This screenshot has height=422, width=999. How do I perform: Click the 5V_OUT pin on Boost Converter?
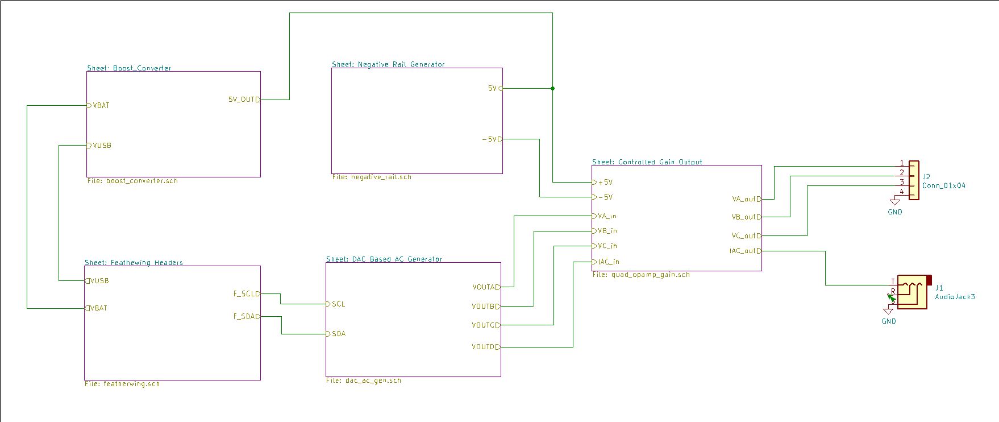[x=244, y=100]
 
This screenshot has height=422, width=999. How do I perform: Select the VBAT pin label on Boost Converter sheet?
[x=101, y=106]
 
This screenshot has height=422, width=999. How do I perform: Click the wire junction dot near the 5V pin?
[x=552, y=88]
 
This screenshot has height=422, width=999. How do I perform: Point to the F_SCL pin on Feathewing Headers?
[x=246, y=294]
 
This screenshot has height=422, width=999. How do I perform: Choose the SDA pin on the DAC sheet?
[x=338, y=334]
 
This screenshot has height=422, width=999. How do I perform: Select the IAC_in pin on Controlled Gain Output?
[x=608, y=262]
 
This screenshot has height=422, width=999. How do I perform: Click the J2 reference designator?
[x=927, y=177]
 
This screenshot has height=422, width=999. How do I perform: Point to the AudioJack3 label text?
[x=955, y=297]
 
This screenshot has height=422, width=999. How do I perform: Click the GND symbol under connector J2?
[x=895, y=202]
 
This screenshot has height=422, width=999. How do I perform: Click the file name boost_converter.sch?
[x=132, y=181]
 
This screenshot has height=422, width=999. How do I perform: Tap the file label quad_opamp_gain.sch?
[x=641, y=275]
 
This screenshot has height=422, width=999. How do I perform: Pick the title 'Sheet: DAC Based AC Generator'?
[x=384, y=259]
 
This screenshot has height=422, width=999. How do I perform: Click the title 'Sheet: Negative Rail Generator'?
[x=388, y=65]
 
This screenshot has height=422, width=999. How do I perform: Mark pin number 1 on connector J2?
[x=902, y=163]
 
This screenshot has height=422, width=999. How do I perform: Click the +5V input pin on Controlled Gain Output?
[x=605, y=183]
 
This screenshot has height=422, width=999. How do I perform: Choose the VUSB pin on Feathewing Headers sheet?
[x=99, y=281]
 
